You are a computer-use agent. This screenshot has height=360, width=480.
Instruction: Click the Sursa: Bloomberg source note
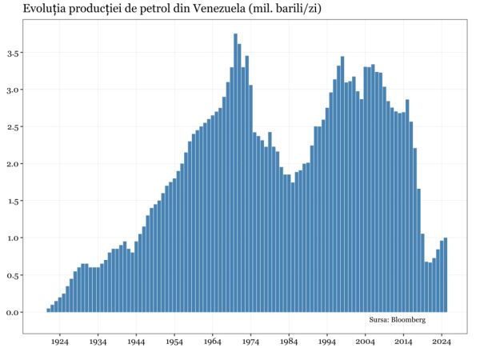pyautogui.click(x=397, y=320)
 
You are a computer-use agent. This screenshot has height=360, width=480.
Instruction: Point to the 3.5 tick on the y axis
pyautogui.click(x=14, y=53)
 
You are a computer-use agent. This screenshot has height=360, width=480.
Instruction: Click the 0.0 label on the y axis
pyautogui.click(x=14, y=312)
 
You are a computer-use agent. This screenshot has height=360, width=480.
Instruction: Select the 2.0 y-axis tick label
pyautogui.click(x=14, y=164)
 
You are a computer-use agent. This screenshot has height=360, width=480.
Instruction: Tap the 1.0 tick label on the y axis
pyautogui.click(x=14, y=238)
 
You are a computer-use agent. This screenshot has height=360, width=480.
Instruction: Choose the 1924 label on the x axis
pyautogui.click(x=59, y=342)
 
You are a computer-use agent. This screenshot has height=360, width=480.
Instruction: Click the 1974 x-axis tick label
pyautogui.click(x=251, y=342)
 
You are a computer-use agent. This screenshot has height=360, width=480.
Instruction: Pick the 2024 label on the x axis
pyautogui.click(x=443, y=342)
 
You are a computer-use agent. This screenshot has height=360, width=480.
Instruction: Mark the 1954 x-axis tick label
pyautogui.click(x=174, y=342)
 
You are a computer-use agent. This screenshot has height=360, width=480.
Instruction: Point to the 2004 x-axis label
pyautogui.click(x=366, y=342)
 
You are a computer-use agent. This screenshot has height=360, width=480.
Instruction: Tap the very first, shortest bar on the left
pyautogui.click(x=49, y=310)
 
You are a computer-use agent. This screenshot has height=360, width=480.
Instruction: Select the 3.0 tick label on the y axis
pyautogui.click(x=14, y=90)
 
